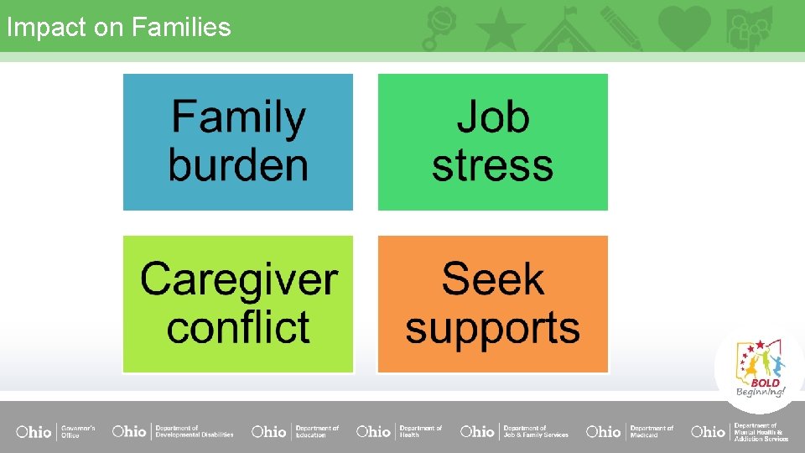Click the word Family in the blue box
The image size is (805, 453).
238,118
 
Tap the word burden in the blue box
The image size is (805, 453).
238,164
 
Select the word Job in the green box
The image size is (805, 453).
492,118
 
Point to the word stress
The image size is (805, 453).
492,165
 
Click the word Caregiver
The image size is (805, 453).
238,279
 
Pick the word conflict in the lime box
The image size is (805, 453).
238,327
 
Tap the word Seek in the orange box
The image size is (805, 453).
492,279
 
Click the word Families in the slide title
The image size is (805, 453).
180,27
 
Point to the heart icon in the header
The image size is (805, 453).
683,28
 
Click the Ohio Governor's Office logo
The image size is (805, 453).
55,431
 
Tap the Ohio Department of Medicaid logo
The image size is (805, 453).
630,431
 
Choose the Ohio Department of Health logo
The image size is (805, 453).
399,431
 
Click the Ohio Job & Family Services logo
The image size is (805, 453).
514,431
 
